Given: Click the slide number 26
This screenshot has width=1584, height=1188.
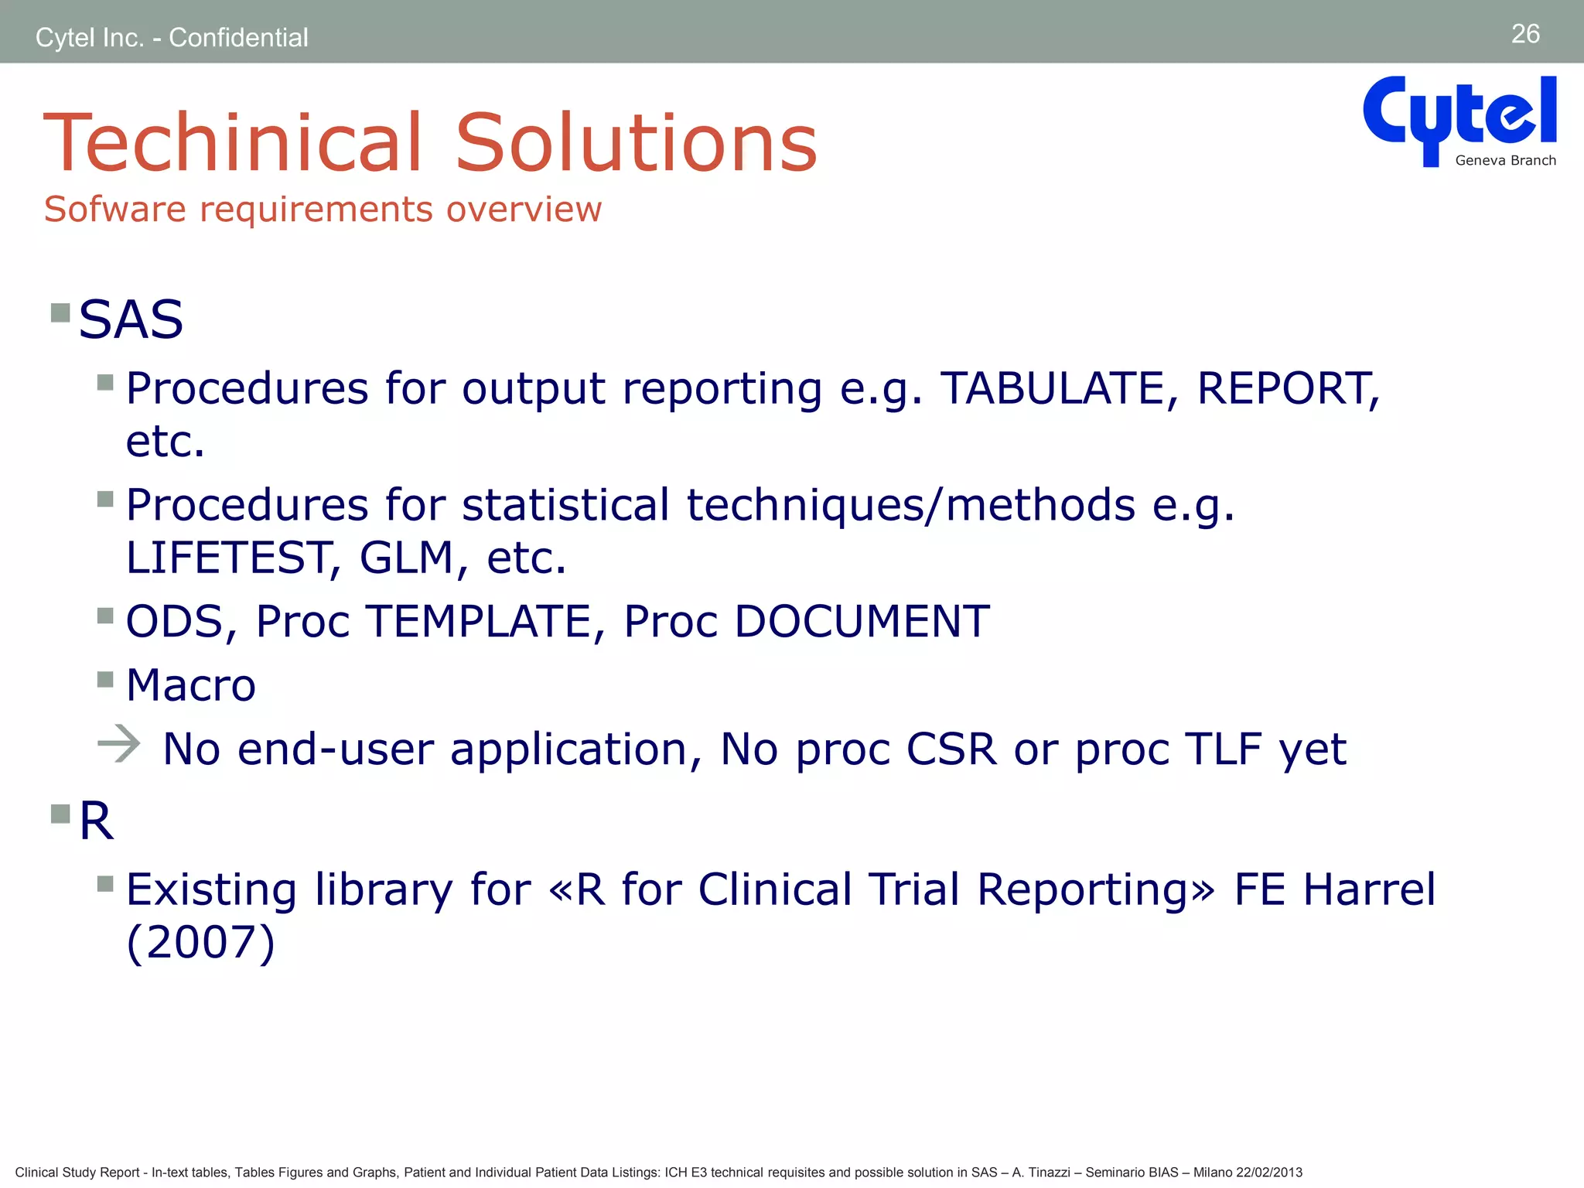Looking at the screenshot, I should [x=1525, y=34].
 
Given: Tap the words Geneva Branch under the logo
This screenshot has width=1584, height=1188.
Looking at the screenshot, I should [x=1505, y=161].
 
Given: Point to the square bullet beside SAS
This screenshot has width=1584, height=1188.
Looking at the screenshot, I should [x=60, y=313].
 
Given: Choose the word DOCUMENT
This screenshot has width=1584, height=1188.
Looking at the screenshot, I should [x=862, y=622].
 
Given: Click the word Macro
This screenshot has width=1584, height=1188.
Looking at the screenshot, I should [x=190, y=685].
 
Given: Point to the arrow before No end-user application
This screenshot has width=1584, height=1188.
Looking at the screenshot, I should [x=119, y=744].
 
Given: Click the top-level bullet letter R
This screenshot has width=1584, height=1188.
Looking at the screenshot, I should [x=96, y=821].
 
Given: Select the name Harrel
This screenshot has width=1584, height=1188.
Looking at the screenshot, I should [x=1369, y=889].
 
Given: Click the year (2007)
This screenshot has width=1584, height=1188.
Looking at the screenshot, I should [x=200, y=942].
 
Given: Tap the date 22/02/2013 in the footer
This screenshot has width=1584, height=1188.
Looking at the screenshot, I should [x=1268, y=1173].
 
